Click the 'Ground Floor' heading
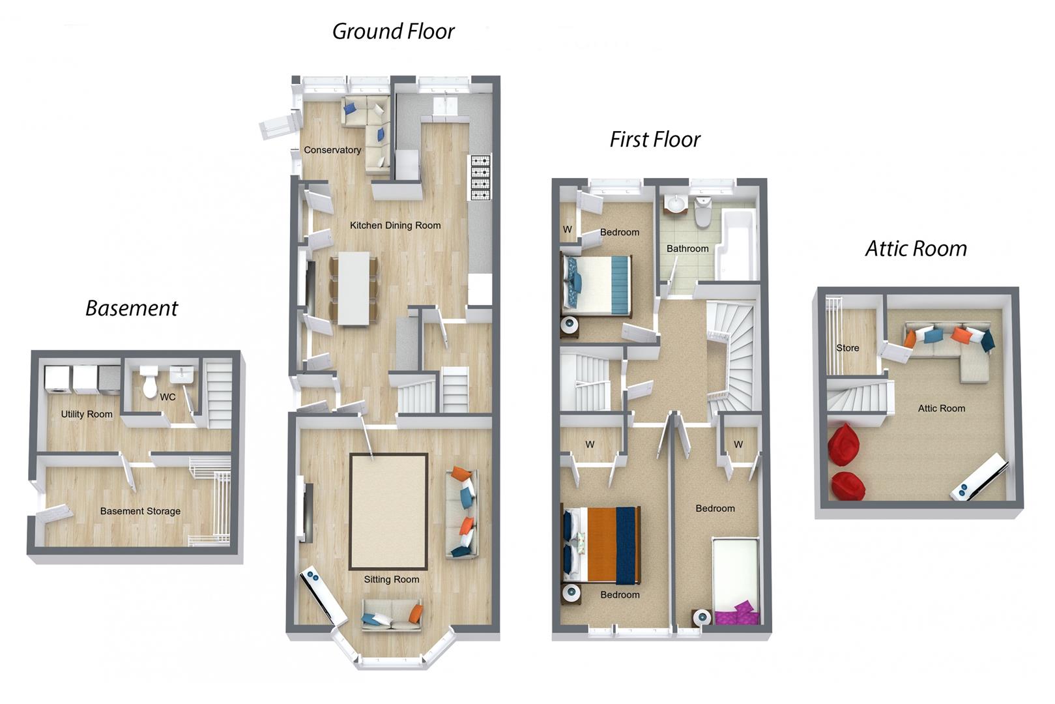click(393, 31)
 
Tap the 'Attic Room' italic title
click(916, 249)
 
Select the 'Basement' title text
click(132, 308)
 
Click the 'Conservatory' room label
click(332, 150)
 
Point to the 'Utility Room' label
click(87, 415)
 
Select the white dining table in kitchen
click(353, 288)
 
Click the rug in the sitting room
click(388, 511)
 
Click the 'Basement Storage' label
click(140, 512)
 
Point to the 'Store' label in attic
click(847, 348)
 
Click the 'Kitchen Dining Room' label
click(395, 226)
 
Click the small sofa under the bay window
click(392, 616)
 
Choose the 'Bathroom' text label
click(687, 249)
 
